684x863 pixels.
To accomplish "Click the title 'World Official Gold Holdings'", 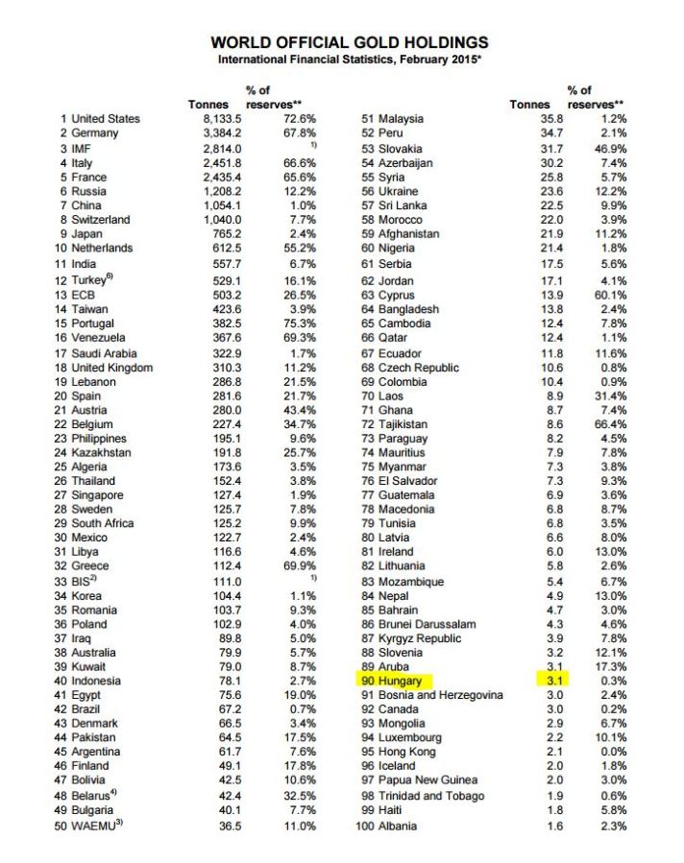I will point(349,42).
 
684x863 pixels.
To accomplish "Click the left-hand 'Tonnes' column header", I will point(210,104).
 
